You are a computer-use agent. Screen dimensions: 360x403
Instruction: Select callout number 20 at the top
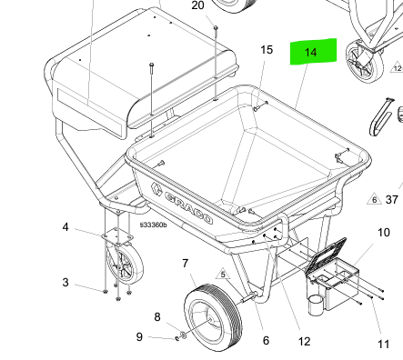tap(198, 5)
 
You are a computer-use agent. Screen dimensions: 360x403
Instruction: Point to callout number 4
tap(65, 226)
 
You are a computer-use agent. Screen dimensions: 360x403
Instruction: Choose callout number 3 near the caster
tap(65, 283)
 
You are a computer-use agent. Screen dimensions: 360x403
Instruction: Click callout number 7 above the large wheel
tap(186, 264)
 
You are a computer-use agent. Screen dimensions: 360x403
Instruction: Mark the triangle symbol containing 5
tap(220, 272)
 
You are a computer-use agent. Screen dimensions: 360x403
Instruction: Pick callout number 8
tap(156, 316)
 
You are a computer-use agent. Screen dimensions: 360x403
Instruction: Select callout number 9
tap(139, 336)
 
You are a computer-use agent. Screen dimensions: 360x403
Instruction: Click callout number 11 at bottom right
tap(383, 344)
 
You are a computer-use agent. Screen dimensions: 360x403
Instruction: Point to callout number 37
tap(392, 199)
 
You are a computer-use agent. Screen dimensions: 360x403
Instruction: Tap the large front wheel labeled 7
tap(211, 314)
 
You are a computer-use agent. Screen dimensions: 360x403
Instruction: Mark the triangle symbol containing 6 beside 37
tap(373, 199)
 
